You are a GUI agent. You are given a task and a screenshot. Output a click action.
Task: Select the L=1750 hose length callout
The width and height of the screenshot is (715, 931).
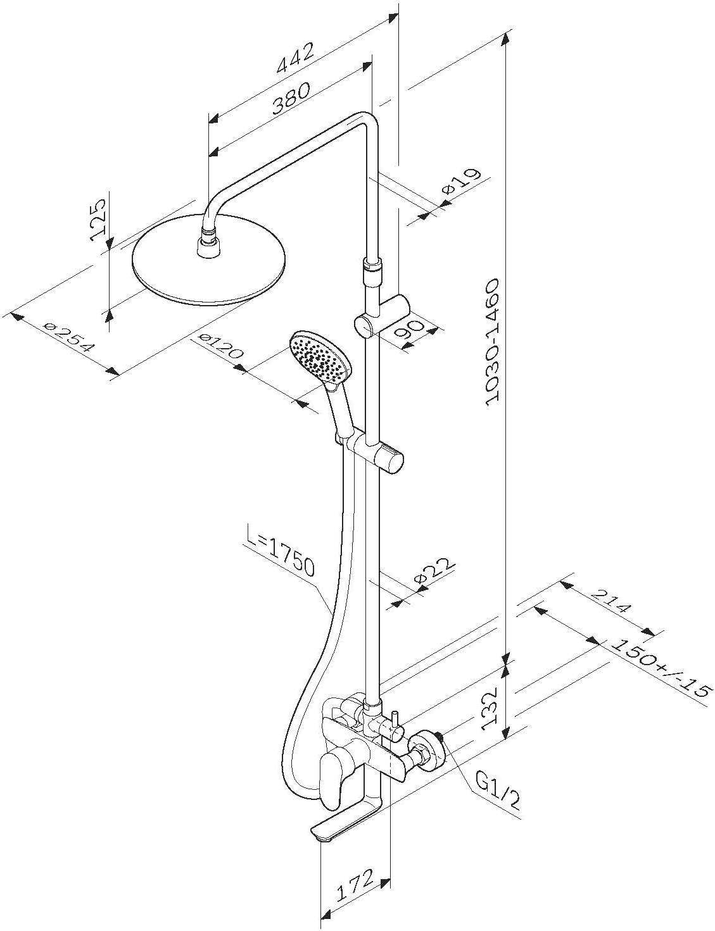(x=279, y=557)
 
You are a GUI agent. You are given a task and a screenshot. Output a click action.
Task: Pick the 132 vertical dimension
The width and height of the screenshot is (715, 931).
(x=493, y=705)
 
